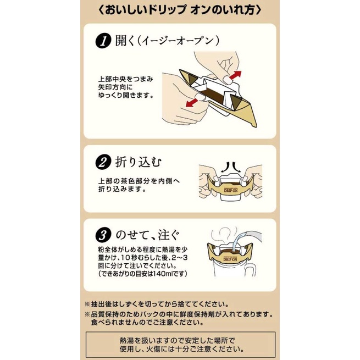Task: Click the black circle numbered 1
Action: click(x=103, y=41)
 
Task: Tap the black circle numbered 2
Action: click(x=103, y=162)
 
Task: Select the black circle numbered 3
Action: click(x=103, y=235)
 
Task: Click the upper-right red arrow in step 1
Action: click(x=235, y=75)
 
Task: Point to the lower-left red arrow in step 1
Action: click(x=192, y=103)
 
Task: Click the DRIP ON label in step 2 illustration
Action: click(x=231, y=191)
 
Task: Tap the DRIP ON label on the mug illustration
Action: click(x=230, y=259)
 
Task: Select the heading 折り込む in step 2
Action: click(x=139, y=162)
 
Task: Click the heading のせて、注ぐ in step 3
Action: click(x=147, y=235)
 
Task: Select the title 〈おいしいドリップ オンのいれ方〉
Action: click(x=180, y=10)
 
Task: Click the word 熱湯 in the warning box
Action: click(x=126, y=340)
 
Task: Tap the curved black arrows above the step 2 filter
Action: click(x=230, y=168)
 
